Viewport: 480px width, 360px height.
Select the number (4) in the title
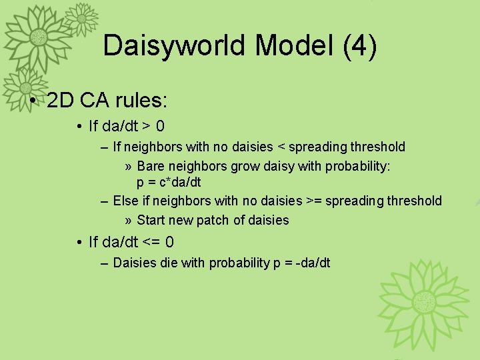(x=359, y=46)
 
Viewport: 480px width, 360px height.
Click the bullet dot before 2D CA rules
(x=33, y=101)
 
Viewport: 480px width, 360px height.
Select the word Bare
(x=151, y=165)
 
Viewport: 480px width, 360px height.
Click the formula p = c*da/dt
(x=169, y=182)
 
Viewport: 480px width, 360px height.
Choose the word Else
(x=126, y=201)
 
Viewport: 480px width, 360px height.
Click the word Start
(x=153, y=220)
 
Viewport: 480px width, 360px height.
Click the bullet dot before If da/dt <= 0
(x=79, y=242)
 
